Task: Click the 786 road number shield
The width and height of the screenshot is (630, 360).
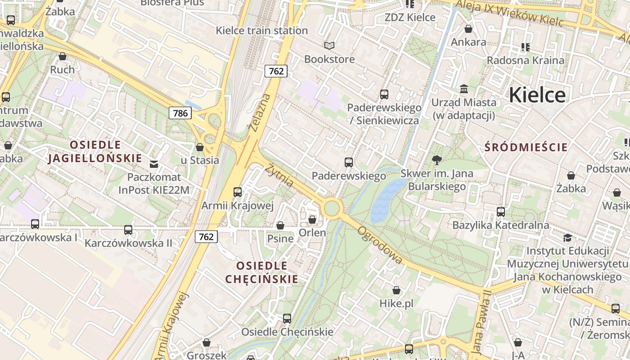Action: (180, 113)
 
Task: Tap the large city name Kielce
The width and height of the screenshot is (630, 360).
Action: (537, 95)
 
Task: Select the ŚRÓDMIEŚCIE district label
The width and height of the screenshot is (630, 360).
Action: (526, 147)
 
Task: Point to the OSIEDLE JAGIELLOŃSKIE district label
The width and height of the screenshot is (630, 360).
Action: (95, 152)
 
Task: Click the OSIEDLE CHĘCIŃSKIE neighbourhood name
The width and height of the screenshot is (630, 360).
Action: (261, 272)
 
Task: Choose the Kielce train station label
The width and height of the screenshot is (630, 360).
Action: (261, 31)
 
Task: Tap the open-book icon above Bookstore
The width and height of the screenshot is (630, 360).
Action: (329, 45)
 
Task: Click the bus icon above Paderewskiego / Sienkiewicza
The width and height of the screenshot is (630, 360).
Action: (384, 94)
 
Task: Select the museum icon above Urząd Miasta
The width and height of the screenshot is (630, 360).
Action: (464, 89)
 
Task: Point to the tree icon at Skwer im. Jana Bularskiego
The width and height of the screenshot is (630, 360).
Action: (436, 160)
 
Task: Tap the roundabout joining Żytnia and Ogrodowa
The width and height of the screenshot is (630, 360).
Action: (332, 208)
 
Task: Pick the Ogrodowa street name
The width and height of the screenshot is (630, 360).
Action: (380, 245)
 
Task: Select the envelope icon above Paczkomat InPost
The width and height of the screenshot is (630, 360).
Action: (154, 164)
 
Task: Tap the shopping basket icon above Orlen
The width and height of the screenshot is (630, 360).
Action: (312, 220)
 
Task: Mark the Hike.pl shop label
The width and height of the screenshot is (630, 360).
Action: (396, 303)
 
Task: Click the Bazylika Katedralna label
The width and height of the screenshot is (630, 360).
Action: (500, 225)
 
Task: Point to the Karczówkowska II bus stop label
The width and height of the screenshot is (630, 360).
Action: (128, 243)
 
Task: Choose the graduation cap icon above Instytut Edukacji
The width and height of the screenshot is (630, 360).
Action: (567, 237)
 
